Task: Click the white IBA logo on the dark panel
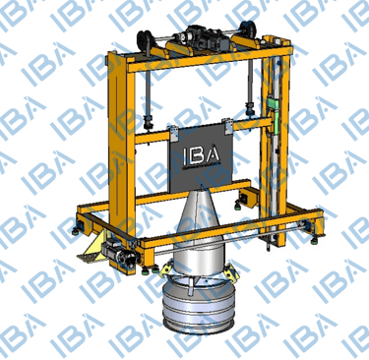[x=201, y=153]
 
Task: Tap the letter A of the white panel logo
[x=213, y=153]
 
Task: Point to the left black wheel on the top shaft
[x=144, y=39]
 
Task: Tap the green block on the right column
[x=274, y=102]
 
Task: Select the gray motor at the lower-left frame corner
[x=117, y=253]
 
